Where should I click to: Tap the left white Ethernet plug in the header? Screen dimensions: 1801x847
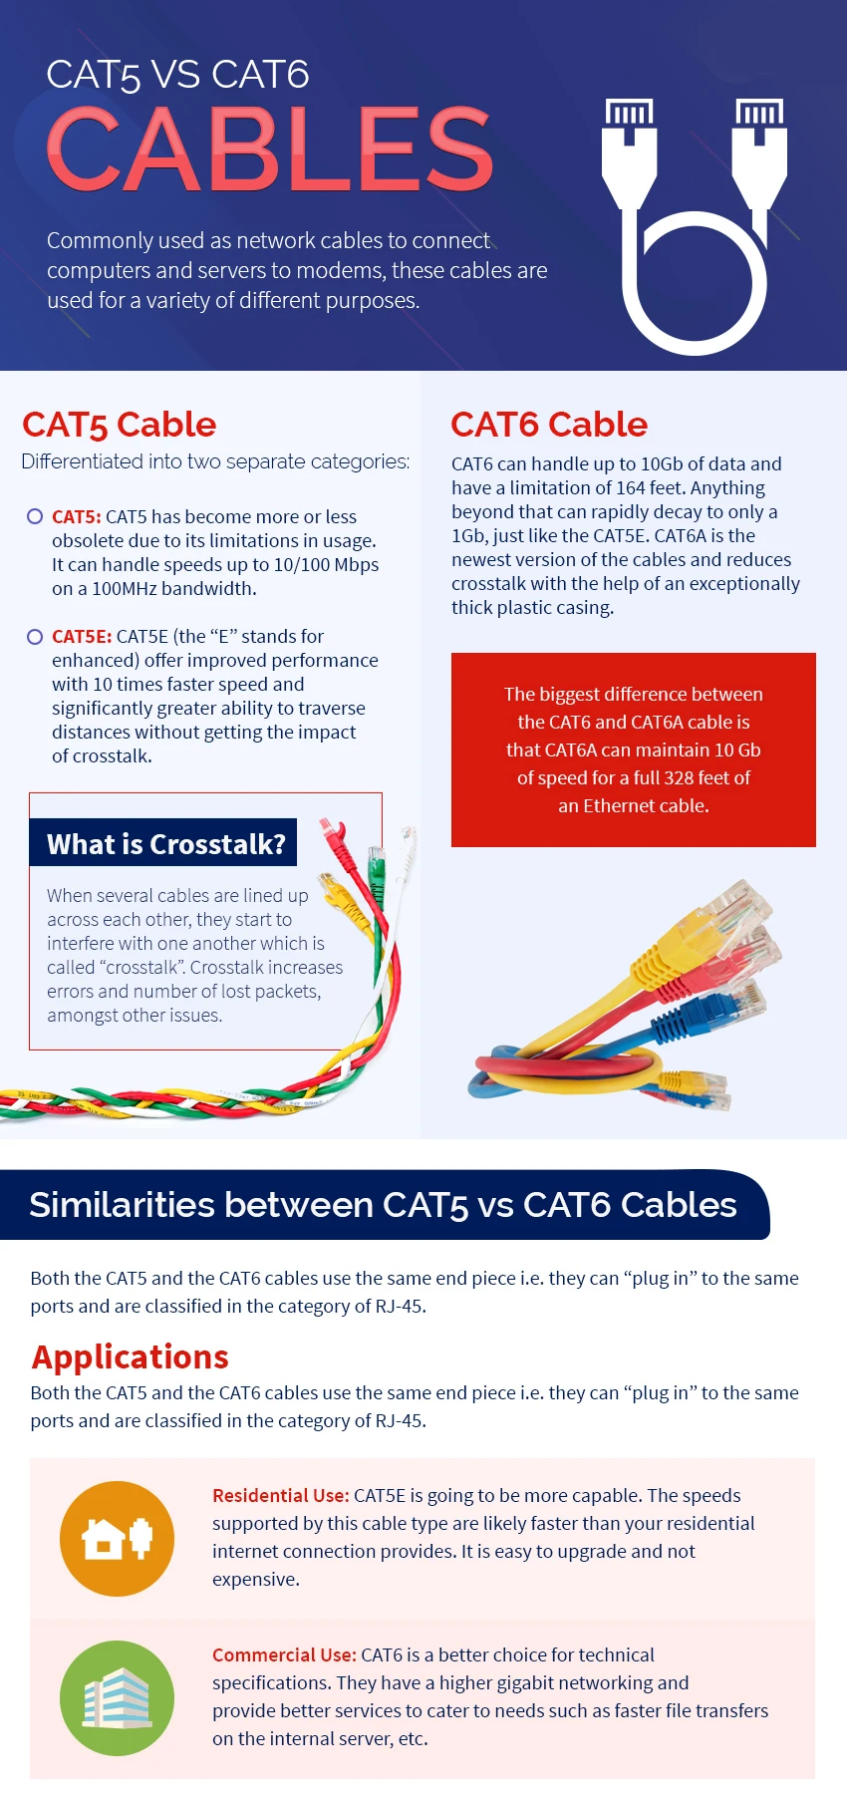pos(629,150)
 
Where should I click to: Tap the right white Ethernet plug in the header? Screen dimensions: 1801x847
pos(759,150)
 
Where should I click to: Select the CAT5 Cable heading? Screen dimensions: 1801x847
pos(120,425)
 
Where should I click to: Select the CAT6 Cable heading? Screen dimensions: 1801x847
pos(549,425)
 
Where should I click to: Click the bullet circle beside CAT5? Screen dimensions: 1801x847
pos(35,516)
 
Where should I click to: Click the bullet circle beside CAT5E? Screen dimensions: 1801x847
pos(35,636)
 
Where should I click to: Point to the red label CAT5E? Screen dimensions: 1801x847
pos(82,636)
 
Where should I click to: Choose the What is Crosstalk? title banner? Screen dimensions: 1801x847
pos(165,844)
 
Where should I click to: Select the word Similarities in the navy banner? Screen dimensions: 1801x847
pos(122,1205)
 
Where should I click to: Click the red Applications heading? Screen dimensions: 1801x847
pos(131,1356)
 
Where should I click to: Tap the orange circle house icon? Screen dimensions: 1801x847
pos(118,1539)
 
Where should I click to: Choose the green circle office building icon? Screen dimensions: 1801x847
pos(118,1698)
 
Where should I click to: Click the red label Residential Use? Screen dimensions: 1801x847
pos(280,1495)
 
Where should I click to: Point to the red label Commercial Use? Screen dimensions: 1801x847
pos(284,1654)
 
